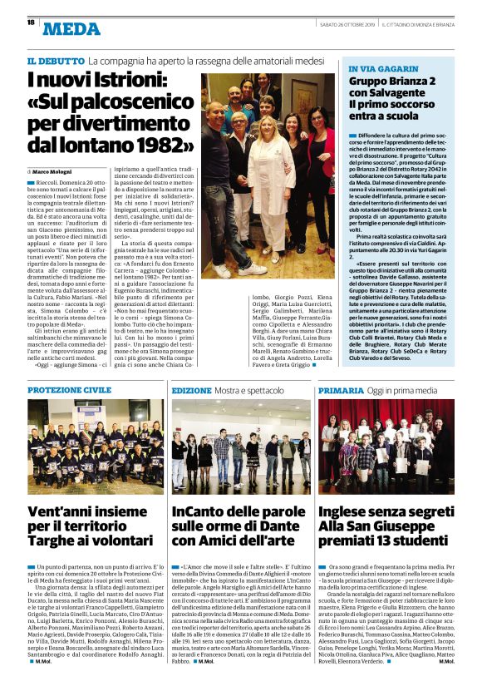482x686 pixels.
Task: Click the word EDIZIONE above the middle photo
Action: pos(192,390)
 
